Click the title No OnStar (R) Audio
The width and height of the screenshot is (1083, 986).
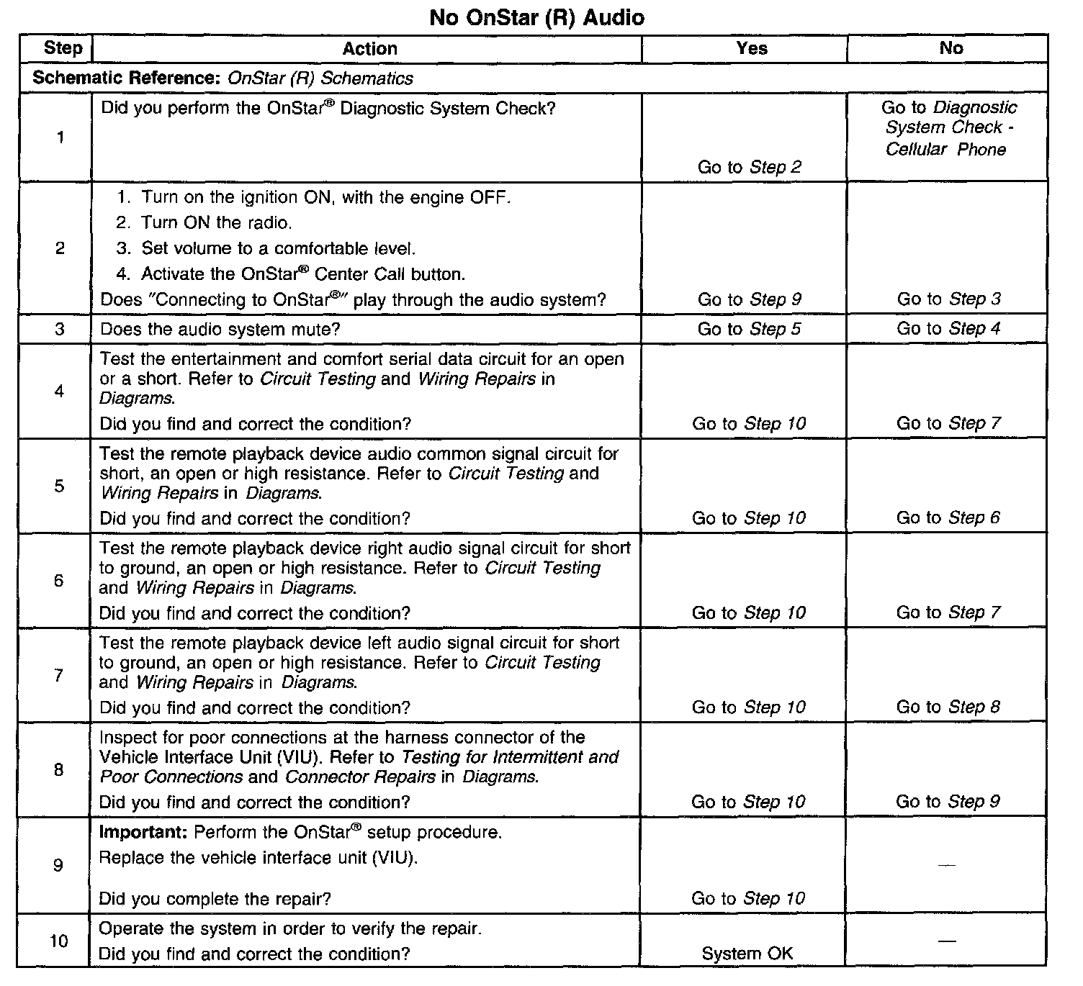pos(536,17)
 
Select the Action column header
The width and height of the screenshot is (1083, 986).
pos(369,49)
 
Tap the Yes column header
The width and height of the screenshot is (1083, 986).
pos(751,48)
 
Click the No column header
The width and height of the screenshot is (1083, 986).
pos(951,48)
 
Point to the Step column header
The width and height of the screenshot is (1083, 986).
pos(63,48)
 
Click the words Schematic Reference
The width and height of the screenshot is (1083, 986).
pos(125,78)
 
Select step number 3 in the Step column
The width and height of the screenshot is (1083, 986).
pos(59,330)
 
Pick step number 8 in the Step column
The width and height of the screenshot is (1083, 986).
pos(58,770)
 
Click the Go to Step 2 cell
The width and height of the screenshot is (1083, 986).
pos(749,167)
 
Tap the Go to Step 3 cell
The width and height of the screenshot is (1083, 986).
pos(948,299)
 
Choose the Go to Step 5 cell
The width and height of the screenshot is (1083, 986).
pos(749,329)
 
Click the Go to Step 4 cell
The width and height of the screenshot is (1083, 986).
pos(948,329)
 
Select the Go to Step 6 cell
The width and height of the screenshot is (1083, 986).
pos(948,517)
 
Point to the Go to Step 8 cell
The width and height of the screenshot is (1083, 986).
pos(948,707)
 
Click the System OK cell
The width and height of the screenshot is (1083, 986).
pos(747,954)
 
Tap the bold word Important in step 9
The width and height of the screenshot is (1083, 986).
pos(143,833)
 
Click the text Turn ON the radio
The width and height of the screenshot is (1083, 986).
pos(216,223)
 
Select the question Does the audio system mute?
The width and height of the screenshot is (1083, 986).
pos(220,330)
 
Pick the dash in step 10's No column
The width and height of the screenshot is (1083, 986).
pos(948,941)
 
